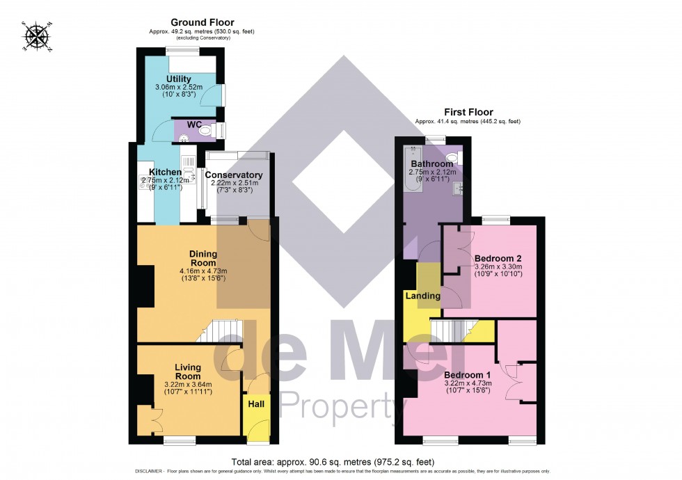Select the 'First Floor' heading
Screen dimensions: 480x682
click(x=468, y=112)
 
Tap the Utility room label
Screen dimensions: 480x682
click(x=179, y=79)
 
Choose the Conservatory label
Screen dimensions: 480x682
click(x=234, y=175)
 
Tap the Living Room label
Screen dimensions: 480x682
click(x=188, y=371)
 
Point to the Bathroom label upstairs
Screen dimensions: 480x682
click(x=431, y=164)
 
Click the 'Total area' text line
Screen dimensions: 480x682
click(x=333, y=461)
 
